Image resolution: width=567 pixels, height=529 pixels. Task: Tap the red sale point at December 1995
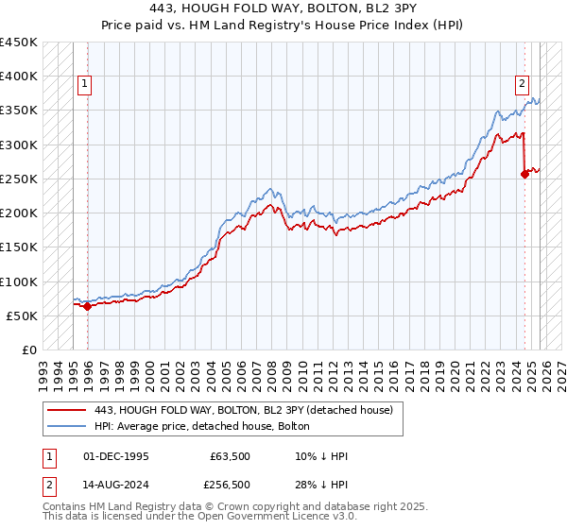coord(87,306)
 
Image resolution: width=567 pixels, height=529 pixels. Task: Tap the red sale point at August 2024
coord(525,173)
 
